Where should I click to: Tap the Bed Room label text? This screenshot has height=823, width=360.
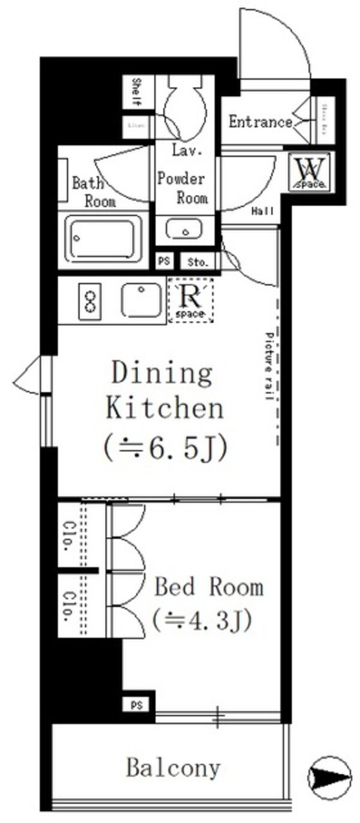[208, 586]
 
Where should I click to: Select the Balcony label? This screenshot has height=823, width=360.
[173, 768]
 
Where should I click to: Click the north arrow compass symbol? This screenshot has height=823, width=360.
[329, 777]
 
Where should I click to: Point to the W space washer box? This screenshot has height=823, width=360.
[309, 172]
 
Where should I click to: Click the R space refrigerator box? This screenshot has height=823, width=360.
[190, 300]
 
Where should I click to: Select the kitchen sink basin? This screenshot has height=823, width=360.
[141, 300]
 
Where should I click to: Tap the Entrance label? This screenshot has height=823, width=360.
[260, 122]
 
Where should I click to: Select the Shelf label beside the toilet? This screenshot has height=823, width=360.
[136, 92]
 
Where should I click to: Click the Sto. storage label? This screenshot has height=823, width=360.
[197, 262]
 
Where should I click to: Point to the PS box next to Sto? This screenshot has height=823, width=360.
[163, 262]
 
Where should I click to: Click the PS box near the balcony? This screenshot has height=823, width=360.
[136, 704]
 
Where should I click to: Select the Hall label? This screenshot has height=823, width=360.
[262, 211]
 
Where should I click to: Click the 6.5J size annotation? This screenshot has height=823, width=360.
[165, 448]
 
